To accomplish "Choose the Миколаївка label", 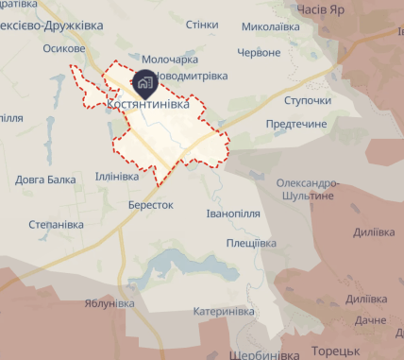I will [271, 26].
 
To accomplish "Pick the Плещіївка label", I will [250, 242].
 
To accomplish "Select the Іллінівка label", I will [116, 176].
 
